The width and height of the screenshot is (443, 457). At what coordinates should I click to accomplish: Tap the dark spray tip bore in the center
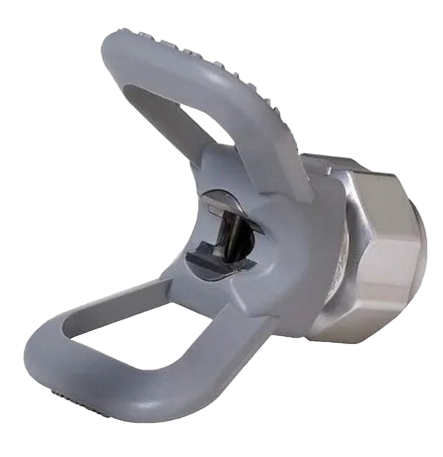pyautogui.click(x=223, y=233)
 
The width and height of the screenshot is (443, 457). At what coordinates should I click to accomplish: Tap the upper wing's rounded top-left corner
pyautogui.click(x=114, y=48)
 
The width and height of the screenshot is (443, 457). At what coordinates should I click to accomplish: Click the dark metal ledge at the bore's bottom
pyautogui.click(x=209, y=259)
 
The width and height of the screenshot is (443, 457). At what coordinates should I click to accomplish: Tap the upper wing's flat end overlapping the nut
pyautogui.click(x=295, y=181)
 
